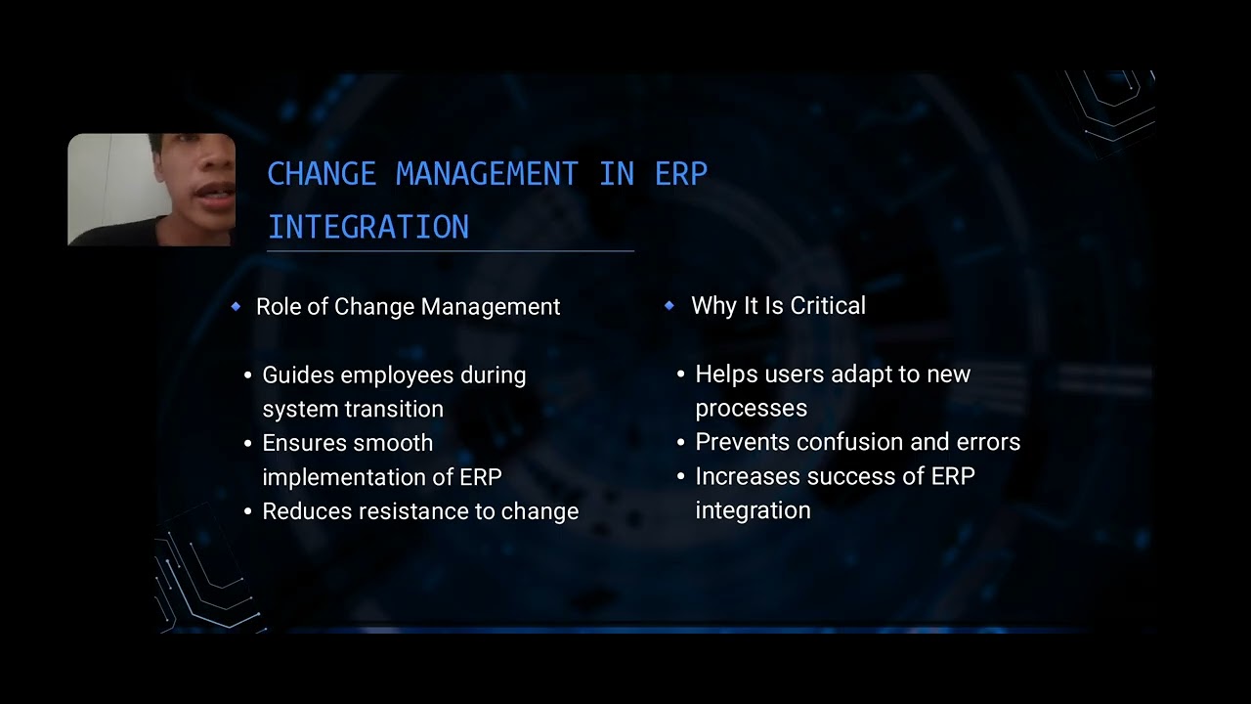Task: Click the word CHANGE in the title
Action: [322, 174]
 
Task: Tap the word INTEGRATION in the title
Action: [368, 227]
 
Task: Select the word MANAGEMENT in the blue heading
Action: [487, 174]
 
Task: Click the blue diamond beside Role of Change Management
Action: [236, 307]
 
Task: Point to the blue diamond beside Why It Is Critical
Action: [669, 306]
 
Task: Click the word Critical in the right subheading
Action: [828, 306]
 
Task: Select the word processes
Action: [751, 408]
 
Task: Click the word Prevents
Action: [742, 442]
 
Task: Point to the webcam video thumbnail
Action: [151, 190]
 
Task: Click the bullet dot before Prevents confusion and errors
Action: [681, 443]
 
